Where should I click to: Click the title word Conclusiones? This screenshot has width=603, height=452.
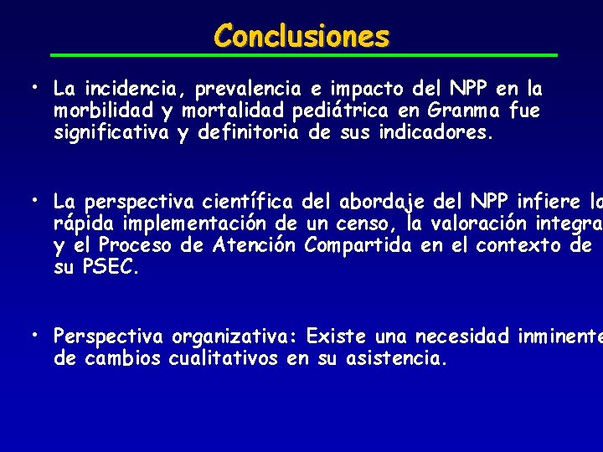click(301, 36)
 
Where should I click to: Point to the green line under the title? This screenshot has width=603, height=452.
click(301, 55)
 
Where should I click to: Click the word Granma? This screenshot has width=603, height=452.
click(459, 110)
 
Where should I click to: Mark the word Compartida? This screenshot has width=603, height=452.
click(358, 246)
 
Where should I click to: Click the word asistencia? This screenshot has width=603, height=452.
click(396, 359)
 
